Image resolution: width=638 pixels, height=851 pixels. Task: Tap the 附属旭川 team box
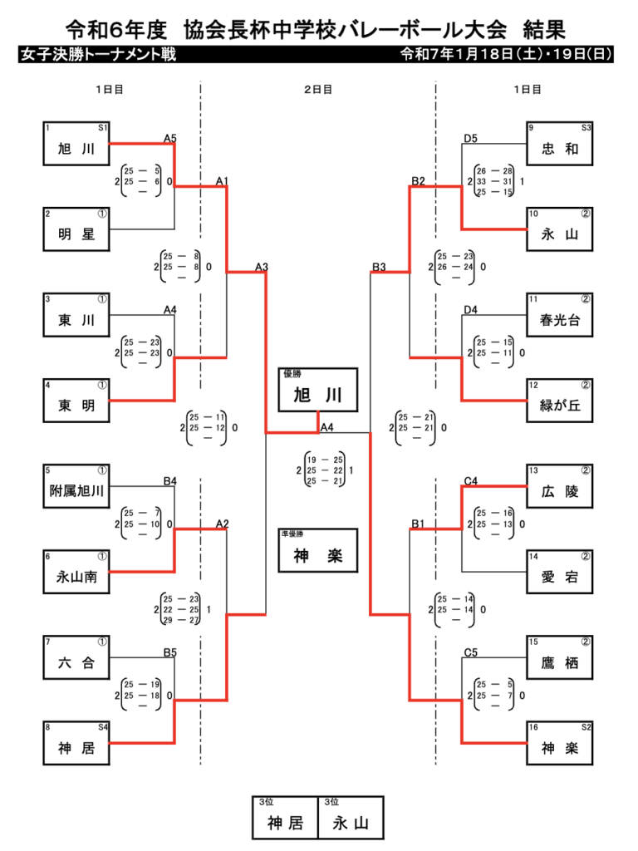(76, 487)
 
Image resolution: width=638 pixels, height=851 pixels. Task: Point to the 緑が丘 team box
(560, 401)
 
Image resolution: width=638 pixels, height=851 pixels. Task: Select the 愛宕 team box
(560, 573)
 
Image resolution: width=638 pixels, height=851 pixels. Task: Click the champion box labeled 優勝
(319, 390)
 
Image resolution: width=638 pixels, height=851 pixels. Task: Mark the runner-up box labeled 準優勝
(319, 551)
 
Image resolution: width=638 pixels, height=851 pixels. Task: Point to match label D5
(470, 138)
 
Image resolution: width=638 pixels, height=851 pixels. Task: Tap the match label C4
(470, 480)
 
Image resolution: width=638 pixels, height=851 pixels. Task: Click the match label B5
(169, 652)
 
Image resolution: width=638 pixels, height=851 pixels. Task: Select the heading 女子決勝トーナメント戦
(97, 56)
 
